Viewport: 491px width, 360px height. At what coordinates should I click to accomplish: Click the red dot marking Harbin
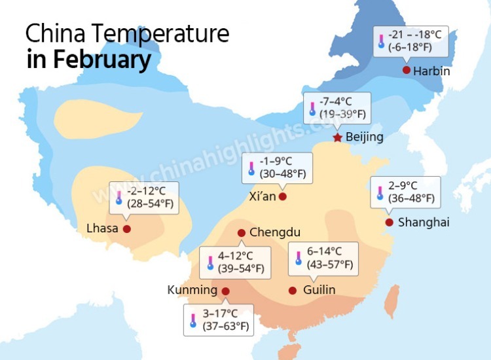click(407, 70)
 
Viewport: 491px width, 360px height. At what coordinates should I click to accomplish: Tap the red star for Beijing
click(337, 137)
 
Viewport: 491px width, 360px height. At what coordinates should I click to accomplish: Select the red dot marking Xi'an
click(282, 196)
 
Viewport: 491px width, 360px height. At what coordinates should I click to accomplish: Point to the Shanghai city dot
click(389, 223)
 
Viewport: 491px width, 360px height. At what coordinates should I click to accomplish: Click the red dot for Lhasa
click(127, 229)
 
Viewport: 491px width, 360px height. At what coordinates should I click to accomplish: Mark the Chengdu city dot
click(242, 232)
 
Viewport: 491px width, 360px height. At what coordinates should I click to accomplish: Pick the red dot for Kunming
click(226, 291)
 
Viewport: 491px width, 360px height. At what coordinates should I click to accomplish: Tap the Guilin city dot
click(293, 290)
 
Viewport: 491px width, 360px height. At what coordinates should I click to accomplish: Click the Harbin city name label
click(432, 71)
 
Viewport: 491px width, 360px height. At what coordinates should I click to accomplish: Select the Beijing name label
click(364, 137)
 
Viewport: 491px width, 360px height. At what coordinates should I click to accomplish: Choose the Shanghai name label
click(424, 223)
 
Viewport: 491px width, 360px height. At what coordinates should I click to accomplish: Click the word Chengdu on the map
click(275, 232)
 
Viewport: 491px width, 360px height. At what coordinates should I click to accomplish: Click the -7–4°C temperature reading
click(336, 102)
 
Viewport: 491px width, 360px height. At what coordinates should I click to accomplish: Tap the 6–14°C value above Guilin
click(324, 251)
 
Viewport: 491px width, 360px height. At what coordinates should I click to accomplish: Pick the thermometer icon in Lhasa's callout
click(119, 198)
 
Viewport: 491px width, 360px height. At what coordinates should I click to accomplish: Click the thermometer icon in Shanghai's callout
click(380, 192)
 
